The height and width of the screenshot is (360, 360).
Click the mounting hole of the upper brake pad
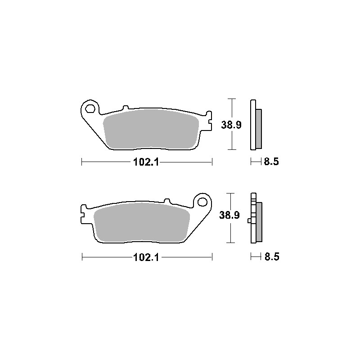(x=90, y=108)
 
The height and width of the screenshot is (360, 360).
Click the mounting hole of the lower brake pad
(x=202, y=202)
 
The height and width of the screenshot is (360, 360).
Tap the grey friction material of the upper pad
(x=151, y=129)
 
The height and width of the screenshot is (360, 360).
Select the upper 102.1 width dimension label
(x=146, y=162)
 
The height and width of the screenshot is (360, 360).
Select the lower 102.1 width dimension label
(x=146, y=257)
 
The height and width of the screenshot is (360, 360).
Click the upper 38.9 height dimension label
(x=231, y=125)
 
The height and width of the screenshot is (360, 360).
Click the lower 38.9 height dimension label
(x=229, y=215)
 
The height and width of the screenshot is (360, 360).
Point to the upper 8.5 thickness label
(x=271, y=162)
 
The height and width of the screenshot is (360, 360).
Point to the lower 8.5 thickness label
(x=272, y=256)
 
